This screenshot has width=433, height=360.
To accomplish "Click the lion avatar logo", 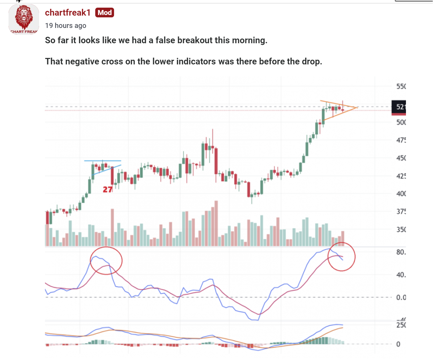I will (24, 19).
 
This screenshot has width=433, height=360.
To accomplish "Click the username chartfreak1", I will (68, 13).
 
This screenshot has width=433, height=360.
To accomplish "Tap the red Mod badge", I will (105, 13).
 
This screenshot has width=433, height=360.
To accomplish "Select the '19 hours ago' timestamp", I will (66, 26).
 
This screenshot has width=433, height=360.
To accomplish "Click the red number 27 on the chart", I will (108, 189).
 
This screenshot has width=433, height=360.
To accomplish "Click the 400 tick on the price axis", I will (401, 194).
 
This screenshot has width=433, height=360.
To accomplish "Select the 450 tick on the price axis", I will (401, 158).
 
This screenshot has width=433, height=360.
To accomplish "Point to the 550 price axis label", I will (401, 86).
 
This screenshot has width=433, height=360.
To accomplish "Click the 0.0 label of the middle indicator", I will (401, 297).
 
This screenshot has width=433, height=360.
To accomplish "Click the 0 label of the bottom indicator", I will (398, 344).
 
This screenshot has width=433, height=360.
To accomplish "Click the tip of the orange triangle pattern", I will (357, 108).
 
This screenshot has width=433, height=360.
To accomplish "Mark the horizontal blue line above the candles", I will (103, 161).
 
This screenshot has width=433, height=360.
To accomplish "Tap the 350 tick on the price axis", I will (401, 229).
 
